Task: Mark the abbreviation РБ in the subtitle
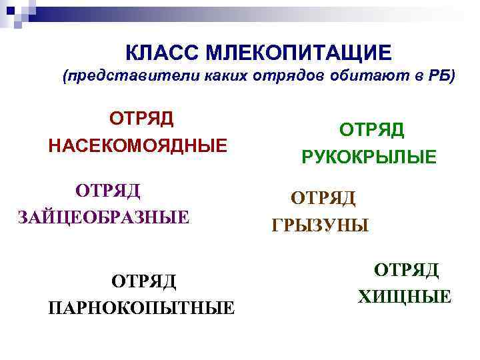pyautogui.click(x=438, y=76)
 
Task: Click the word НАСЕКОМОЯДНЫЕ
pyautogui.click(x=137, y=145)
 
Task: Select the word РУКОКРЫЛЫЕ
pyautogui.click(x=369, y=157)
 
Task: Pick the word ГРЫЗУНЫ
pyautogui.click(x=320, y=226)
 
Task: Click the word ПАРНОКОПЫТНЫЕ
pyautogui.click(x=141, y=308)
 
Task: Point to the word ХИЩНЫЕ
pyautogui.click(x=405, y=297)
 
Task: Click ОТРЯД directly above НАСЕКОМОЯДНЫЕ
pyautogui.click(x=141, y=118)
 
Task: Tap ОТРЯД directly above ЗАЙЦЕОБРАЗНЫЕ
pyautogui.click(x=108, y=190)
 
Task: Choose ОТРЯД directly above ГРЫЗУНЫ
pyautogui.click(x=323, y=198)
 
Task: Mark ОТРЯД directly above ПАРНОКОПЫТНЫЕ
pyautogui.click(x=143, y=281)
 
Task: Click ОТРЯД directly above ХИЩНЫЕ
pyautogui.click(x=406, y=269)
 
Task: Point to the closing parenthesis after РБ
pyautogui.click(x=452, y=76)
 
